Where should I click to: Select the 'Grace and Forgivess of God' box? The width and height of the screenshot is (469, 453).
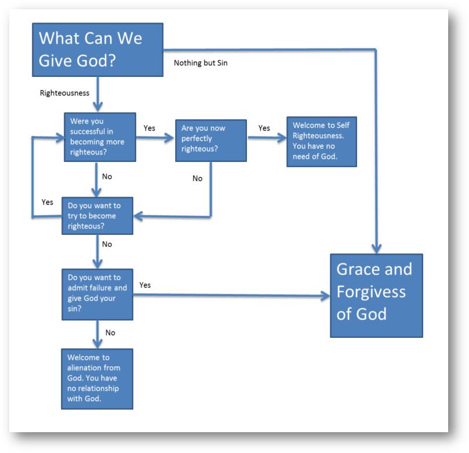[376, 295]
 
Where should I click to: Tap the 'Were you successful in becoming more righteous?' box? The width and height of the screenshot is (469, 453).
[99, 137]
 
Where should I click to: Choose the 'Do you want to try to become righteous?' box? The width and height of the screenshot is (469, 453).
[97, 216]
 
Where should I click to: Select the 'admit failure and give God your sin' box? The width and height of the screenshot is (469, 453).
[97, 294]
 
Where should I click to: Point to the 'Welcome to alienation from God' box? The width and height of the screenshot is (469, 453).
[97, 378]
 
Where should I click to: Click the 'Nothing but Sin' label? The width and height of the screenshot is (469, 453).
[201, 62]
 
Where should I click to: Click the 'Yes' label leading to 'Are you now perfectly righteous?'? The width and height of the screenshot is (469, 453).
[149, 128]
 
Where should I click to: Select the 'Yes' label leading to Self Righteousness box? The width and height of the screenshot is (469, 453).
[264, 128]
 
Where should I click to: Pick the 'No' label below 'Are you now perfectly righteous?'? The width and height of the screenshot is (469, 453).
[197, 178]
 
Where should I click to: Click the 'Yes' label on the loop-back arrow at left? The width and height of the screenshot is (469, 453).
[48, 202]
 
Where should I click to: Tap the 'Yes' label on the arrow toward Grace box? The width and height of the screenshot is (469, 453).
[145, 285]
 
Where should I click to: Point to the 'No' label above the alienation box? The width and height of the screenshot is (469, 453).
[110, 333]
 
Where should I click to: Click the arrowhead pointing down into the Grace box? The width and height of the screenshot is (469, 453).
[376, 248]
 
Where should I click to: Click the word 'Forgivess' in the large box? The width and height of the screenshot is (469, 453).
[371, 292]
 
